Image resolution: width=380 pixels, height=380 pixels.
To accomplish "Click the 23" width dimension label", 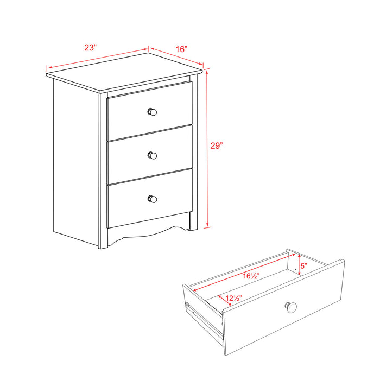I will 90,47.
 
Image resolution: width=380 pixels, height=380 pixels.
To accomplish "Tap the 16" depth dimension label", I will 181,49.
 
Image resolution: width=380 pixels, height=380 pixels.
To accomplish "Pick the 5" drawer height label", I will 304,266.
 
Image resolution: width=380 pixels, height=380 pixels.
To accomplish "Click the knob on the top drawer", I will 153,112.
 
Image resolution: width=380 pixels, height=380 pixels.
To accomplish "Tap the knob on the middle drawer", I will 153,155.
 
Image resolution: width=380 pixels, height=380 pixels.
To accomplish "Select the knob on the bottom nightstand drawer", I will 153,199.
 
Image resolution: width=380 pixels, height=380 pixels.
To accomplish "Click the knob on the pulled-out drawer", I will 291,307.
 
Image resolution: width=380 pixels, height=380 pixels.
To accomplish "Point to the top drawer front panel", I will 130,117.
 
